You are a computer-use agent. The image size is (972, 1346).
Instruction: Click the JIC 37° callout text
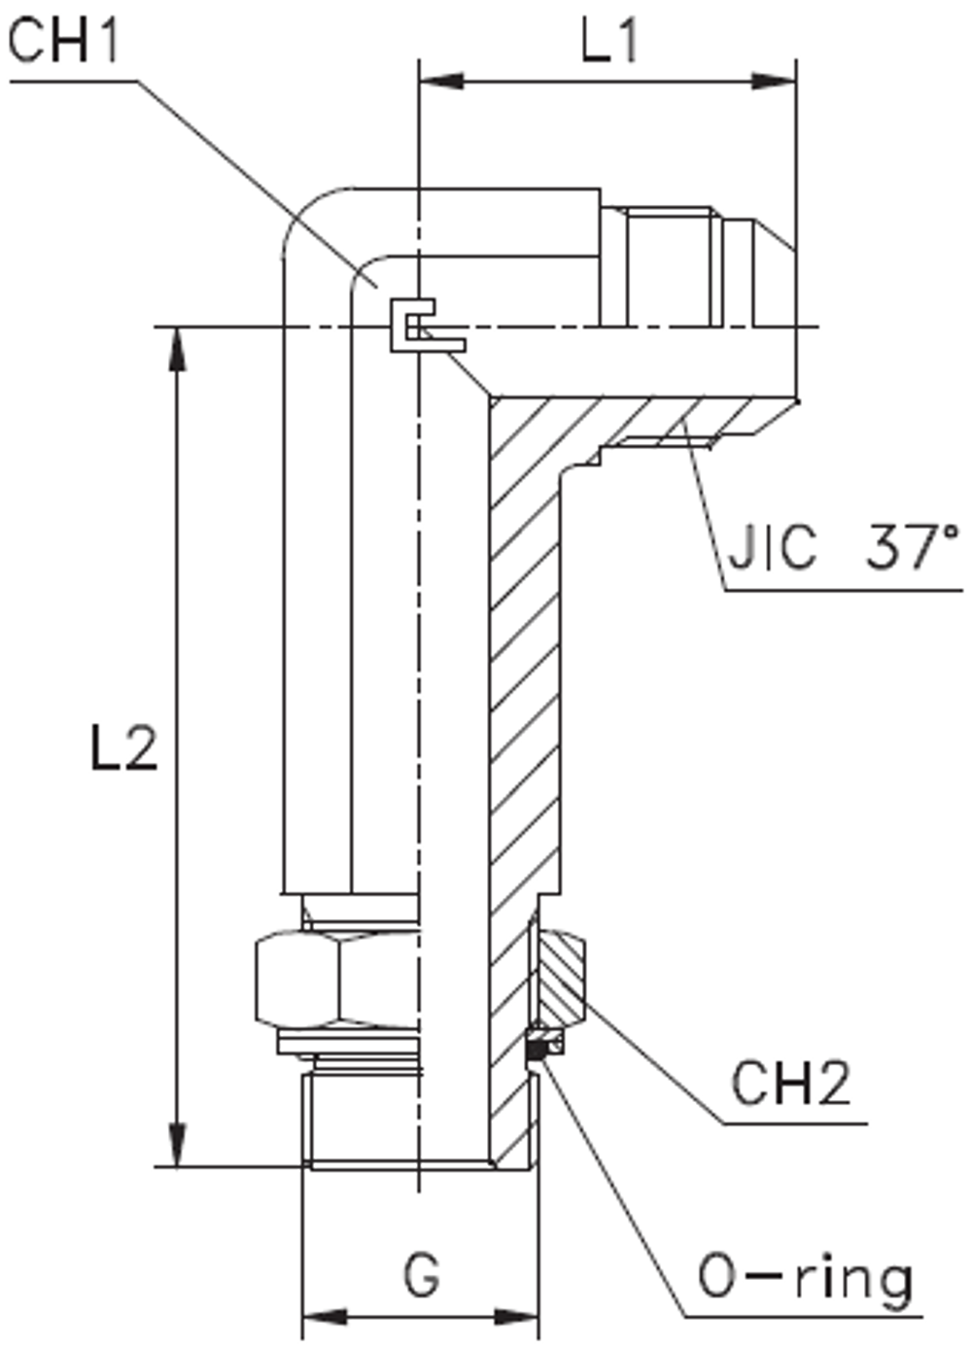click(x=841, y=549)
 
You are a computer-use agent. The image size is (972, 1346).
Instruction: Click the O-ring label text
click(x=805, y=1278)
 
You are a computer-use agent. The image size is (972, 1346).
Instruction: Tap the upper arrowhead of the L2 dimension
click(x=176, y=350)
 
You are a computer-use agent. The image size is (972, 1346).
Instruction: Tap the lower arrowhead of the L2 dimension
click(x=176, y=1145)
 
